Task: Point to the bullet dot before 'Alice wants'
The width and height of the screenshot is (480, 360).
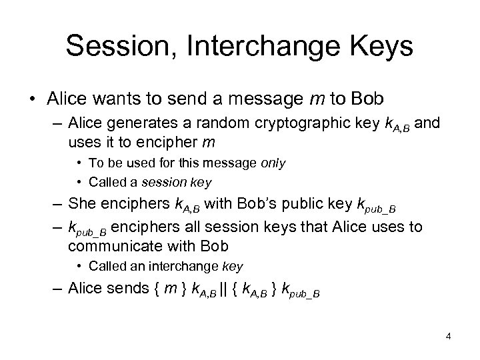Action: coord(31,100)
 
